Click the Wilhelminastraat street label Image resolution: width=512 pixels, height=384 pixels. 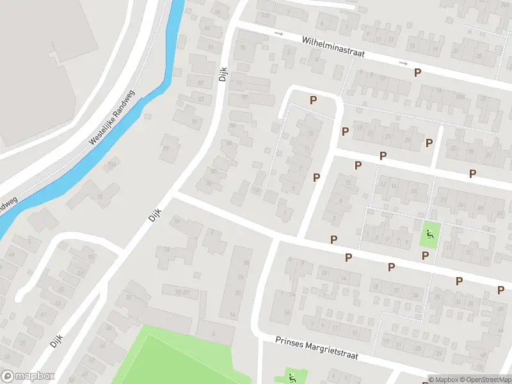(x=333, y=47)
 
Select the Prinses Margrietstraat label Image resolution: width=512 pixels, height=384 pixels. (x=316, y=347)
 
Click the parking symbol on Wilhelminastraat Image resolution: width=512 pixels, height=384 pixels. (x=417, y=73)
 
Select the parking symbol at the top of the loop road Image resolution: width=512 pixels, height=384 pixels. (x=313, y=100)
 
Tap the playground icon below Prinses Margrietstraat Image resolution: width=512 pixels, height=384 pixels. (x=291, y=376)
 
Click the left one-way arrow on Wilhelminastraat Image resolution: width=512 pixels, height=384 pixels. (x=278, y=33)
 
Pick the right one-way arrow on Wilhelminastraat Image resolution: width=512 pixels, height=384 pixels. (x=403, y=63)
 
